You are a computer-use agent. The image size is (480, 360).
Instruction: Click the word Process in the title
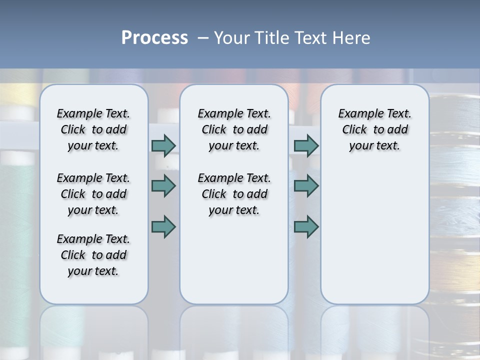(154, 38)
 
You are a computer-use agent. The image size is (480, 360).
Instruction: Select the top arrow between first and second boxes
(163, 145)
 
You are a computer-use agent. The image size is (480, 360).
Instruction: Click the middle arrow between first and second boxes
(163, 186)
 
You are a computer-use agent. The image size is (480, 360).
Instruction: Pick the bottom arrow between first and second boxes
(163, 226)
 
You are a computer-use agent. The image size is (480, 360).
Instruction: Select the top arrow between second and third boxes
(306, 145)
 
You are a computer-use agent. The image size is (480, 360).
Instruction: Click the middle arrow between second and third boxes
(306, 186)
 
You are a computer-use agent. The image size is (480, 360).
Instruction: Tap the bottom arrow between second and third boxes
(306, 226)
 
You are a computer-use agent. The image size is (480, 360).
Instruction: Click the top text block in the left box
(93, 129)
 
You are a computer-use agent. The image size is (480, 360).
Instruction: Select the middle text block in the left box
(93, 194)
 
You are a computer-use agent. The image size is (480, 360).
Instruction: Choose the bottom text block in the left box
(93, 255)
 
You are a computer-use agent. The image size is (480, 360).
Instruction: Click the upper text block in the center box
(234, 129)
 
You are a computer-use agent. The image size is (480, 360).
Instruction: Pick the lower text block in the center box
(234, 194)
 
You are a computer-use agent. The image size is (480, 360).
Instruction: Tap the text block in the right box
(375, 129)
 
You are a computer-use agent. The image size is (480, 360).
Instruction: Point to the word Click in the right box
(354, 130)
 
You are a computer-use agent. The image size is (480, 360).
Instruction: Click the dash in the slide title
(203, 38)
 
